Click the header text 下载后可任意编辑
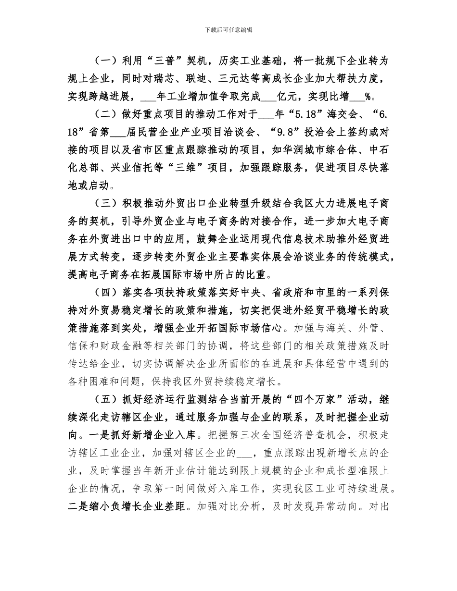click(x=228, y=30)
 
